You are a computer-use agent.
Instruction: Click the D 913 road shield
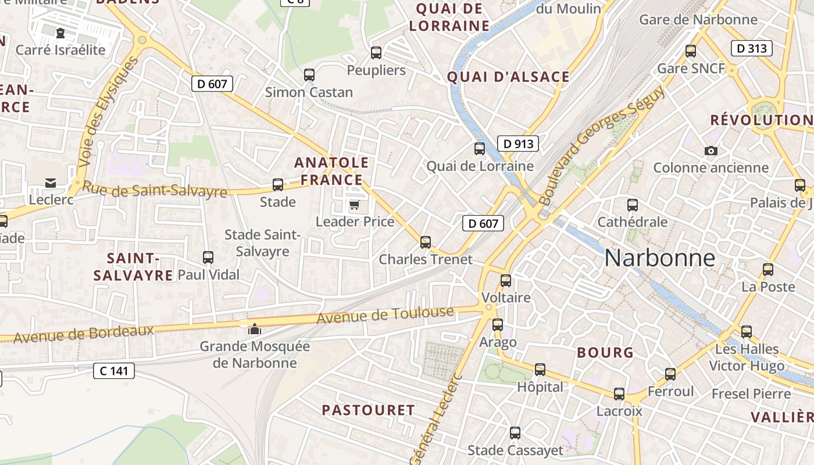pos(517,144)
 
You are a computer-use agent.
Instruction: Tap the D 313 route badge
pos(751,48)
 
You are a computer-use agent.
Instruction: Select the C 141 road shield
pos(114,371)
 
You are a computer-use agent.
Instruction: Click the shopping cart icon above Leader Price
pos(354,205)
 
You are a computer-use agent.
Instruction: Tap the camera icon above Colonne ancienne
pos(711,151)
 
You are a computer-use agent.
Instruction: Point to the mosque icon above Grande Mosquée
pos(254,330)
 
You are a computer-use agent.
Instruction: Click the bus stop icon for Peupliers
pos(376,53)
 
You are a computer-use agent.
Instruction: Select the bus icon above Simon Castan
pos(309,75)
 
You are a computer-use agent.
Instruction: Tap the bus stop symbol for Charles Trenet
pos(426,242)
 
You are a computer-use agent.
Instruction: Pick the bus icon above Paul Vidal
pos(208,257)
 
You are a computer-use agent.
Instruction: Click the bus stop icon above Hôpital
pos(540,370)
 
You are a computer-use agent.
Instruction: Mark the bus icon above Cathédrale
pos(633,205)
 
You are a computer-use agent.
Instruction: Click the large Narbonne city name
pos(659,258)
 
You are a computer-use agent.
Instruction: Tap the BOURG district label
pos(605,353)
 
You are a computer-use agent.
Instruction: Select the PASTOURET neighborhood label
pos(368,410)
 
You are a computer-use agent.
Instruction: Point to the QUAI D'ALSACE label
pos(508,77)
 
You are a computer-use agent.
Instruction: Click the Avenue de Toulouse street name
pos(385,315)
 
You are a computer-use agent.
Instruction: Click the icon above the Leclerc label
pos(51,183)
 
